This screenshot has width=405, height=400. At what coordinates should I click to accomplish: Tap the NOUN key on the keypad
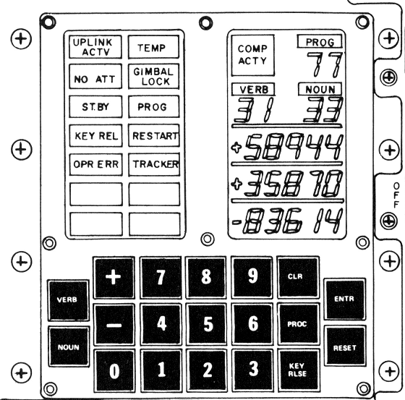69,346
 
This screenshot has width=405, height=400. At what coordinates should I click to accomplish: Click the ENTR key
344,299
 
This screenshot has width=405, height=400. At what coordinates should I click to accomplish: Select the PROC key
298,323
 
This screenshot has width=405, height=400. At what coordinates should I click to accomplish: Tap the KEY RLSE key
298,370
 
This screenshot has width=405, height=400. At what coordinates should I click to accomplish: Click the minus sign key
114,324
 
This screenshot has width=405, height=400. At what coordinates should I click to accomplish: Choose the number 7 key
161,277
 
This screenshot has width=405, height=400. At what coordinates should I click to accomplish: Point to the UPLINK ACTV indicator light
95,47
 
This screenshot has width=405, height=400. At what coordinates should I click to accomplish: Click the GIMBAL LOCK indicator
153,77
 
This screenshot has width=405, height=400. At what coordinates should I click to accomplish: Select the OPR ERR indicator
95,164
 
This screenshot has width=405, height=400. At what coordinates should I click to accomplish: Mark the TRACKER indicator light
154,164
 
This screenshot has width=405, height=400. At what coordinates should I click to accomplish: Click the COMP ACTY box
252,55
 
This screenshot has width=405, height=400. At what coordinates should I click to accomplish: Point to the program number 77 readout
325,64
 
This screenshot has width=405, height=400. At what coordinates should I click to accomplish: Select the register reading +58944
287,147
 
